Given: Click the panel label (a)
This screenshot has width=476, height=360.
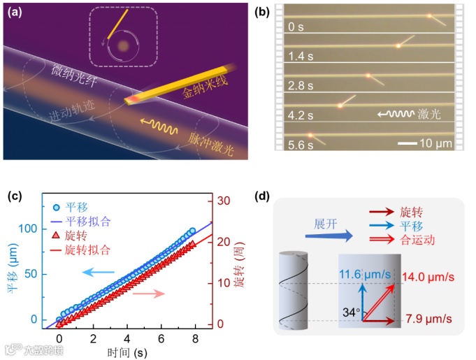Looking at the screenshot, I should tap(16, 11).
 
